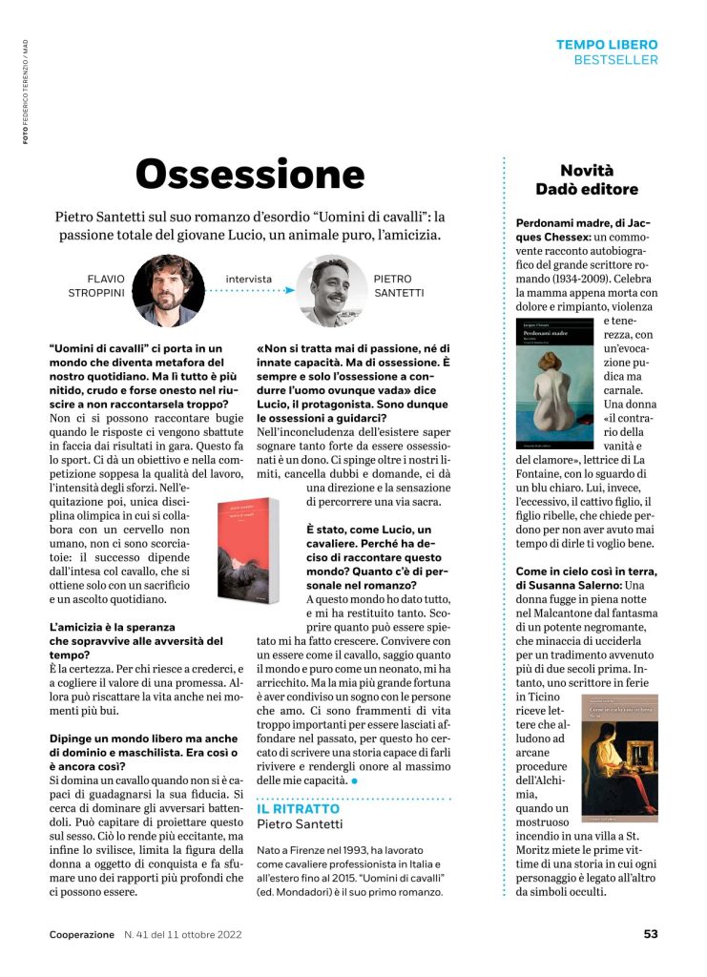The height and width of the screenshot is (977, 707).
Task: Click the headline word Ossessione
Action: (x=250, y=175)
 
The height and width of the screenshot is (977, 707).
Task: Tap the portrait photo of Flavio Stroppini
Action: (x=168, y=290)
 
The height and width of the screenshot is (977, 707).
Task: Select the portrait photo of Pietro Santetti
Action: (x=331, y=290)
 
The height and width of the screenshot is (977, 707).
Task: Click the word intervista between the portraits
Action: (x=249, y=280)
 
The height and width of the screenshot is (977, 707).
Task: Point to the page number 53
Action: (x=650, y=934)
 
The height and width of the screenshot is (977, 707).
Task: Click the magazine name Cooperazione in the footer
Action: (x=82, y=935)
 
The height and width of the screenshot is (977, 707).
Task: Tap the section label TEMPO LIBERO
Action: (x=607, y=45)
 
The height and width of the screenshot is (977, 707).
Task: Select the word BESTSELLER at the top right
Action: (x=615, y=60)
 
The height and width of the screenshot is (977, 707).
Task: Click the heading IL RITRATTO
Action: (x=299, y=808)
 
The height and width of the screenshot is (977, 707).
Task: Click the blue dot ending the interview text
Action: (x=355, y=780)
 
